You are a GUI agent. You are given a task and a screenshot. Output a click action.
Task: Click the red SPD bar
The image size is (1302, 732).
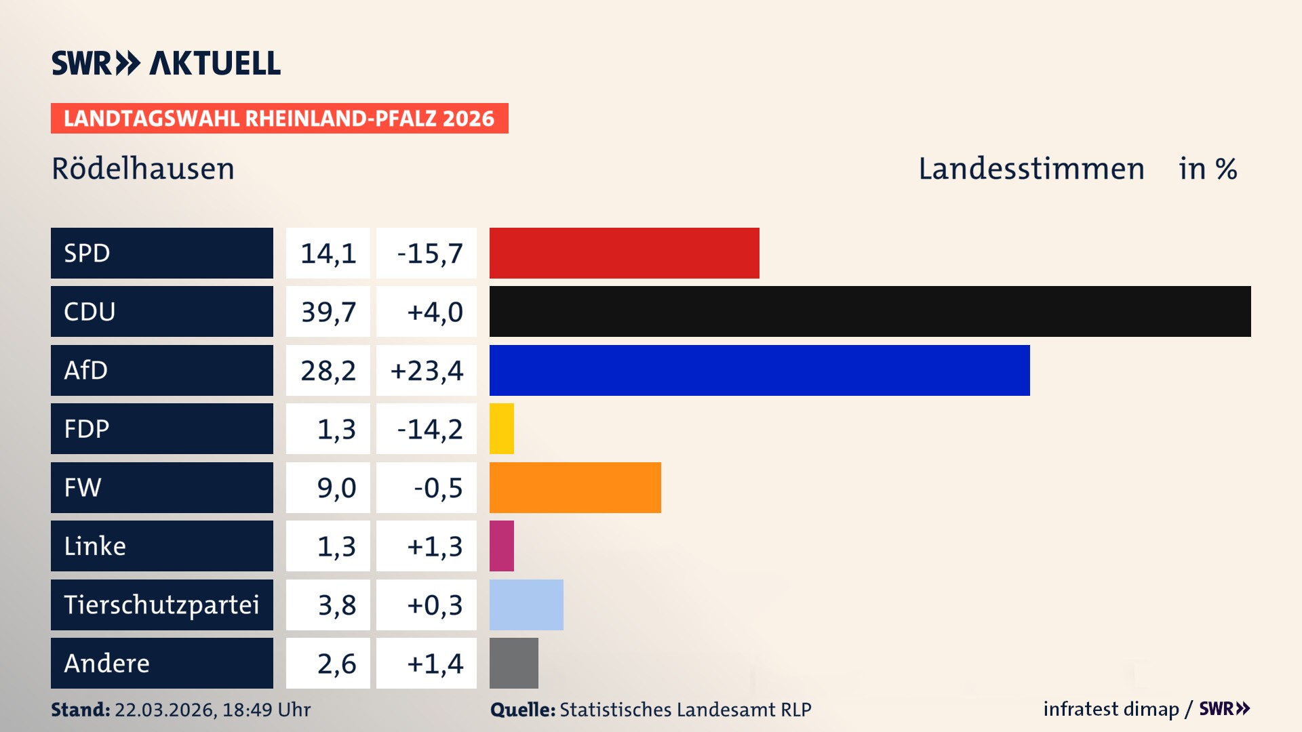(x=624, y=253)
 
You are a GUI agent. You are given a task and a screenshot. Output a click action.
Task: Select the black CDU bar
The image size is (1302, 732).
(x=869, y=312)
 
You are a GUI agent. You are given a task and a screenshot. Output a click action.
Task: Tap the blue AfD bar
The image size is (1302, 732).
(x=759, y=370)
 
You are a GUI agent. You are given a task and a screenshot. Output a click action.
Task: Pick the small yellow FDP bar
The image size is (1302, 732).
(x=502, y=428)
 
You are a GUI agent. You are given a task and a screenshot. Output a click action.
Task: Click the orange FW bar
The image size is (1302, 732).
(x=575, y=487)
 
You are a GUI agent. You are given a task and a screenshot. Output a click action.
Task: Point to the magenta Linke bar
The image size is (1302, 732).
(x=502, y=546)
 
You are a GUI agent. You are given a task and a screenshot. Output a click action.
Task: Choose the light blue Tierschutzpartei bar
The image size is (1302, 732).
(x=526, y=605)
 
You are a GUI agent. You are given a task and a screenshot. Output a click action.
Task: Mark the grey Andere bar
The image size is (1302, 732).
(x=513, y=663)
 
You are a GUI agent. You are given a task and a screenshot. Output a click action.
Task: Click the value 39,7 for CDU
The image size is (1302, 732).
(x=328, y=312)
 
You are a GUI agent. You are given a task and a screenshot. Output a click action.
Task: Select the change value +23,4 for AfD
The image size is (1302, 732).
(x=427, y=370)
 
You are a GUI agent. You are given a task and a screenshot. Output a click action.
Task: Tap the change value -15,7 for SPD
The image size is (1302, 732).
(x=429, y=253)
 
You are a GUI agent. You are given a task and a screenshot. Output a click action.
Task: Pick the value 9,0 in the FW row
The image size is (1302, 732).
(x=336, y=487)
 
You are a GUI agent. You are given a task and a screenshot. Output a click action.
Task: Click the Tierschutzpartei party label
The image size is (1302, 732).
(x=161, y=605)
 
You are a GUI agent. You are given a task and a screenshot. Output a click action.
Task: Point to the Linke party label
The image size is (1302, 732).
(x=95, y=546)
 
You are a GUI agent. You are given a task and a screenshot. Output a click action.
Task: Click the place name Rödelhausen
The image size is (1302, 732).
(x=143, y=169)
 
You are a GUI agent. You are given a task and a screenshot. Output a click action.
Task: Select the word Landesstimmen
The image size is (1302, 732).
(x=1031, y=169)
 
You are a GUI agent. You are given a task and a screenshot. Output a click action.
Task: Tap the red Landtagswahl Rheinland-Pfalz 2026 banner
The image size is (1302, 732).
(x=279, y=119)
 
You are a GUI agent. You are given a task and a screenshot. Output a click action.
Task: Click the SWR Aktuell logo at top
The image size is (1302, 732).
(x=166, y=63)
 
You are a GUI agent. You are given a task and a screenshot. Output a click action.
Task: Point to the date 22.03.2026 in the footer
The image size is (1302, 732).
(x=165, y=710)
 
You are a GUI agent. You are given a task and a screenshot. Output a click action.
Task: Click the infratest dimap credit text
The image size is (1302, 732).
(x=1111, y=709)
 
